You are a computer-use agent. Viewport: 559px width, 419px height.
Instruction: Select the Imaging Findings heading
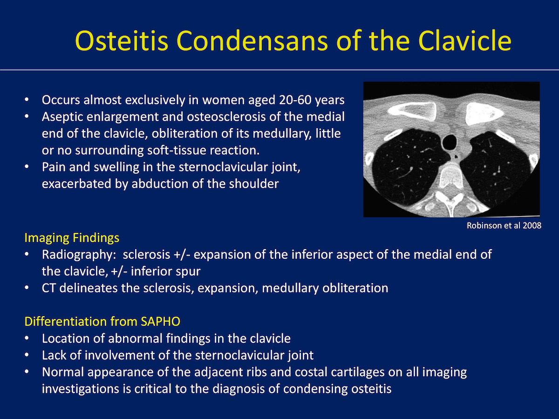coord(72,238)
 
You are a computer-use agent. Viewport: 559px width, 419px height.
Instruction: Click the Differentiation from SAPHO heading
coord(102,322)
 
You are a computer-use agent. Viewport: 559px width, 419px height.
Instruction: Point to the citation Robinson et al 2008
coord(504,226)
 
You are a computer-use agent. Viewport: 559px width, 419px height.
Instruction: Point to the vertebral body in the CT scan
coord(451,176)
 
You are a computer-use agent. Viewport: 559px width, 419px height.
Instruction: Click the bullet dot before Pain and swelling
coord(27,167)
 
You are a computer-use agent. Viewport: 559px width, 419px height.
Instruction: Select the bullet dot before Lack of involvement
coord(27,355)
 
